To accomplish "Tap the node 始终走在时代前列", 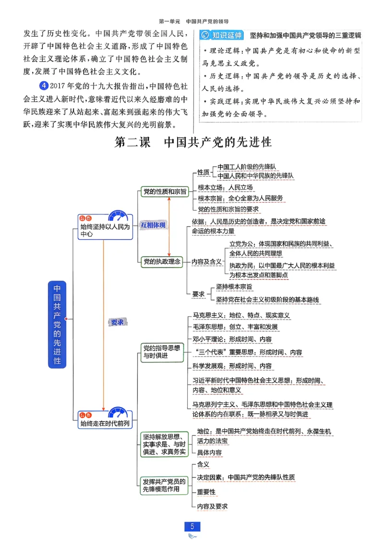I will point(105,424).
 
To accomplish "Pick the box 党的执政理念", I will point(162,261).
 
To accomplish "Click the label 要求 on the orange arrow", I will point(117,322).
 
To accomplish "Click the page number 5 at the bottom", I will point(192,526).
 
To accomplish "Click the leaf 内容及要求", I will point(212,506).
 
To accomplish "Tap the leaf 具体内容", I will point(209,452).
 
